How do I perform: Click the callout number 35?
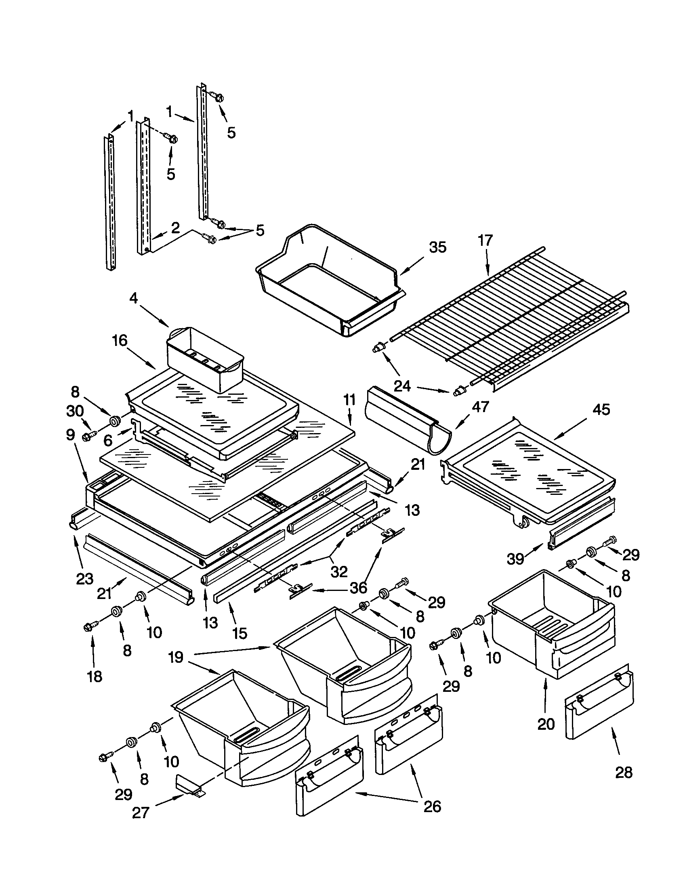[438, 247]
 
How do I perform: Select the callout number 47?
[480, 406]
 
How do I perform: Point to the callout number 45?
[601, 409]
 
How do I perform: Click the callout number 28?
[623, 772]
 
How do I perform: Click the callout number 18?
[95, 677]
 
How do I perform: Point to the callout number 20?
[546, 724]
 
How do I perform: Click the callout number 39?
[515, 559]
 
